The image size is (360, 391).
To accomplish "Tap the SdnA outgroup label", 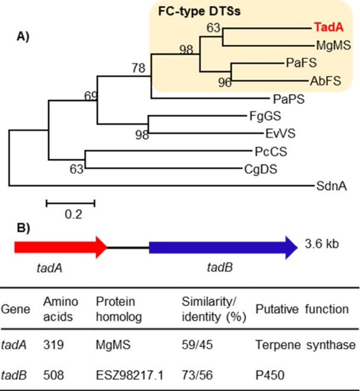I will tap(333, 186).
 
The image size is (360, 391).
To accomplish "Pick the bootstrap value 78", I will tap(138, 70).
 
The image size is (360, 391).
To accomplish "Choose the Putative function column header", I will tap(302, 310).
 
